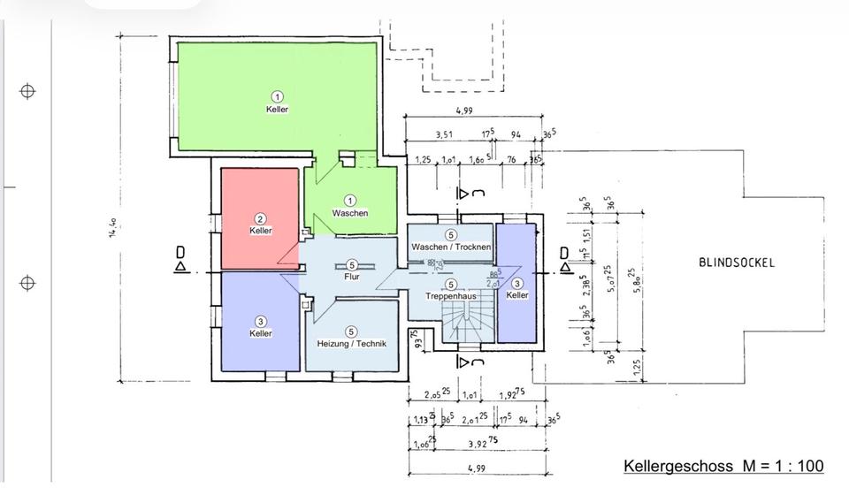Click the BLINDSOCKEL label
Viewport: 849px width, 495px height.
[x=737, y=263]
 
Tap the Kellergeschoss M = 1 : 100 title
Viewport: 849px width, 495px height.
[x=723, y=466]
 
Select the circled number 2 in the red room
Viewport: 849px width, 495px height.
[x=260, y=218]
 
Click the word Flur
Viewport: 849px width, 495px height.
[x=351, y=276]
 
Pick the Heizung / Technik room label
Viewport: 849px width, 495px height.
[x=351, y=342]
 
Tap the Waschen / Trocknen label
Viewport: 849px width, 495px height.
[x=450, y=247]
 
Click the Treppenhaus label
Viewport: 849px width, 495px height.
[x=450, y=297]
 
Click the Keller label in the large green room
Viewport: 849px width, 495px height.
[x=277, y=109]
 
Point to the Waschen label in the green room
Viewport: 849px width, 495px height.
[x=349, y=213]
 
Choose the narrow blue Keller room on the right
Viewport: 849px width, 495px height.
[x=516, y=283]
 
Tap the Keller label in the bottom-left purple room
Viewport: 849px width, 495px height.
[x=260, y=333]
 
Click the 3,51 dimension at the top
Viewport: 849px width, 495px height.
[x=446, y=136]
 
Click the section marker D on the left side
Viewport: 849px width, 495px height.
[x=180, y=258]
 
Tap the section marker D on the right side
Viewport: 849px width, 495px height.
[x=564, y=257]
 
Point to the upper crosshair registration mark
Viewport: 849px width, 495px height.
[x=27, y=91]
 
